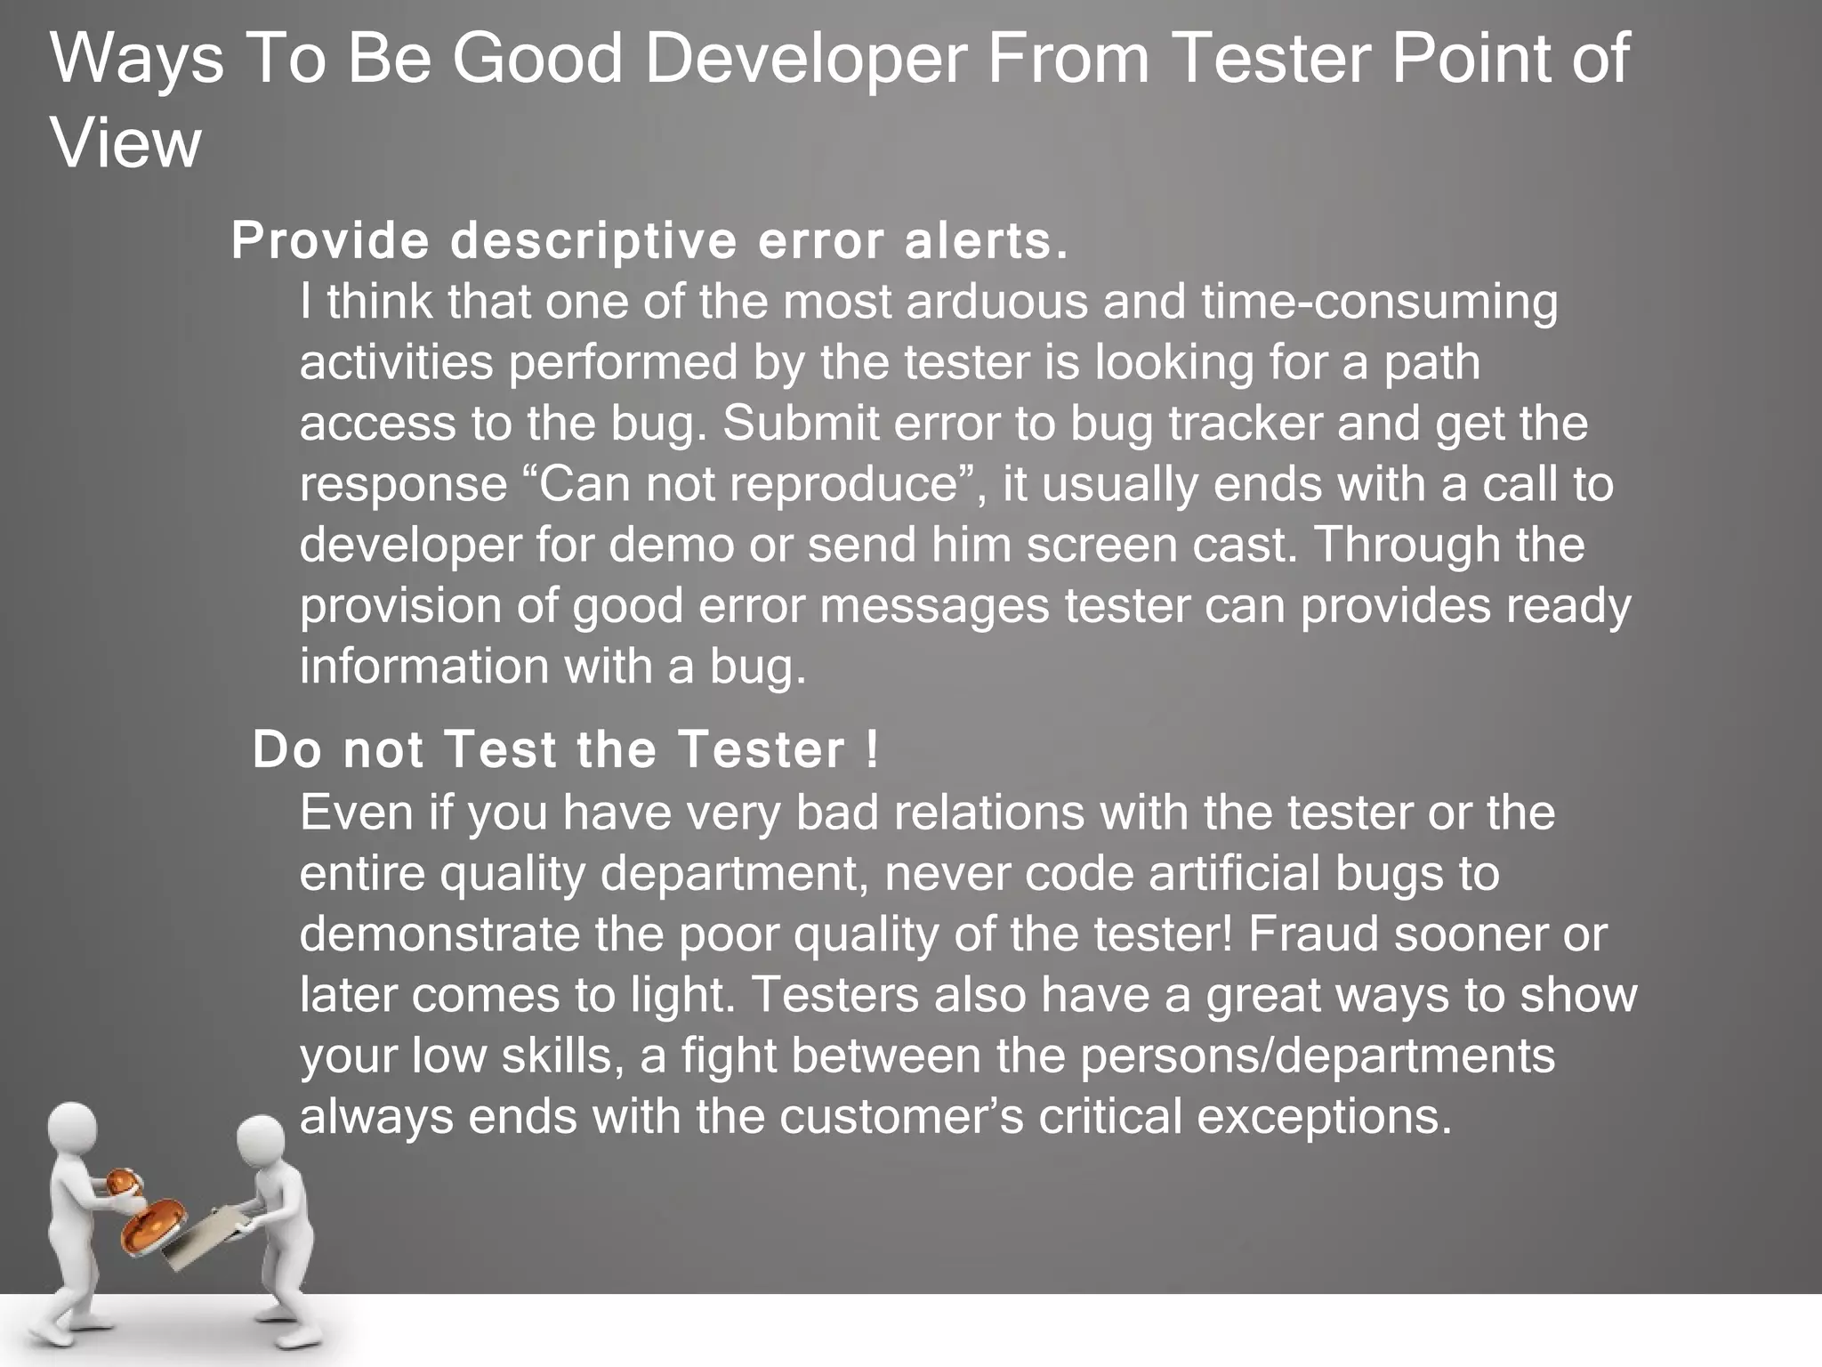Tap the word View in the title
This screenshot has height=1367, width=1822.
(x=126, y=144)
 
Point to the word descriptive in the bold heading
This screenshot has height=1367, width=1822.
(x=593, y=241)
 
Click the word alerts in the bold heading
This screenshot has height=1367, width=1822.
(x=984, y=241)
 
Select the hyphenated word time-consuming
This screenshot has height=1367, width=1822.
(x=1379, y=302)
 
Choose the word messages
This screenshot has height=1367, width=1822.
(x=934, y=606)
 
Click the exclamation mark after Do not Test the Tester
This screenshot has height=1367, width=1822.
(x=870, y=749)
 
